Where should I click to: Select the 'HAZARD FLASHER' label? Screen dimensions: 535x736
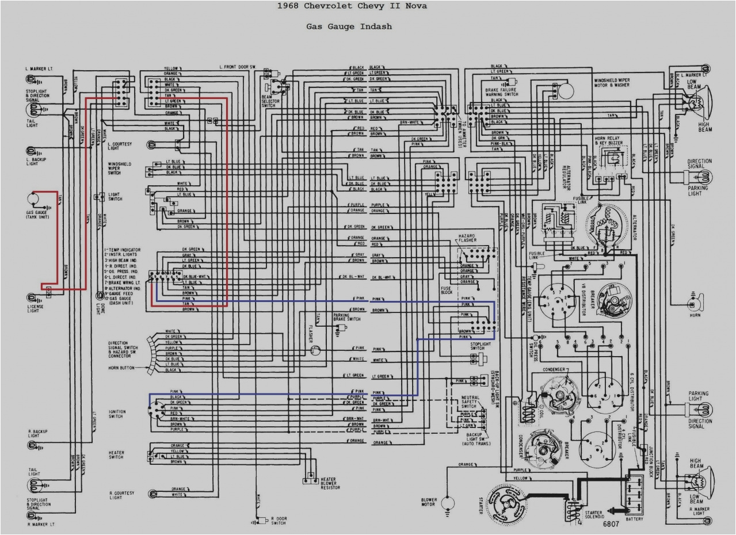pyautogui.click(x=468, y=239)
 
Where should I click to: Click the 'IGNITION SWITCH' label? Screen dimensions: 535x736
pyautogui.click(x=116, y=414)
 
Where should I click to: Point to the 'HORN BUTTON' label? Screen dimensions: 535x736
pyautogui.click(x=121, y=368)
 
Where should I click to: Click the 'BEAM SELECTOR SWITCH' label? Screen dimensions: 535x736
pyautogui.click(x=269, y=101)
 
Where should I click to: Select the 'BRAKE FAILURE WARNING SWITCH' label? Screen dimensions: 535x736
pyautogui.click(x=501, y=92)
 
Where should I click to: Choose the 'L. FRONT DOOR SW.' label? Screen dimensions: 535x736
pyautogui.click(x=237, y=68)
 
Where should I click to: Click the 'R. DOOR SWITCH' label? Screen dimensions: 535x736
pyautogui.click(x=279, y=520)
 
